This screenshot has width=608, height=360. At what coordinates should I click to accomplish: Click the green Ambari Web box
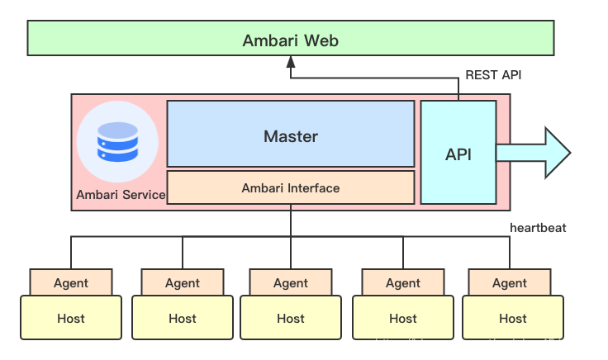coord(290,40)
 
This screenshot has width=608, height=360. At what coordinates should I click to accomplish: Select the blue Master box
coord(290,135)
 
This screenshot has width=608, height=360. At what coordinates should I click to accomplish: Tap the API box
coord(458,154)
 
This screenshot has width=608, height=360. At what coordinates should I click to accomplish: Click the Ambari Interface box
coord(290,187)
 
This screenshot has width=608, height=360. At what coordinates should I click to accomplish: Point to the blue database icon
coord(117,141)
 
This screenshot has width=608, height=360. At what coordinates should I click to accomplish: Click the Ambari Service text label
coord(121,196)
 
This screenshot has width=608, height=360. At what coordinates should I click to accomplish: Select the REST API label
coord(493,75)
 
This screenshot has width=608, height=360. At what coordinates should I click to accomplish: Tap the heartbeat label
coord(538,227)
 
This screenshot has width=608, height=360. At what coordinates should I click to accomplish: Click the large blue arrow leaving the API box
coord(537,153)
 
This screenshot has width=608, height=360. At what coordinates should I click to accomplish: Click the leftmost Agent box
coord(71,282)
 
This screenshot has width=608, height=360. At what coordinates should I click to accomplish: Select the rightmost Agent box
coord(510,282)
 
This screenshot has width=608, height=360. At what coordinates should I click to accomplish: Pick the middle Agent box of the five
coord(291,282)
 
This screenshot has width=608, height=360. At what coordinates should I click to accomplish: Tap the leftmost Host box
coord(71,318)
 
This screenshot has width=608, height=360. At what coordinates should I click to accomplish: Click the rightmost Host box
coord(512,318)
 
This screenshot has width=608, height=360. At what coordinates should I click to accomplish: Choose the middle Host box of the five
coord(291,318)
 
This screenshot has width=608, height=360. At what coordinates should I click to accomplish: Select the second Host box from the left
coord(183,318)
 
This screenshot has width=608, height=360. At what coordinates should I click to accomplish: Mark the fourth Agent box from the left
coord(403,282)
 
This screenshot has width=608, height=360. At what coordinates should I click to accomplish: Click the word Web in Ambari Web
coord(321,40)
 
